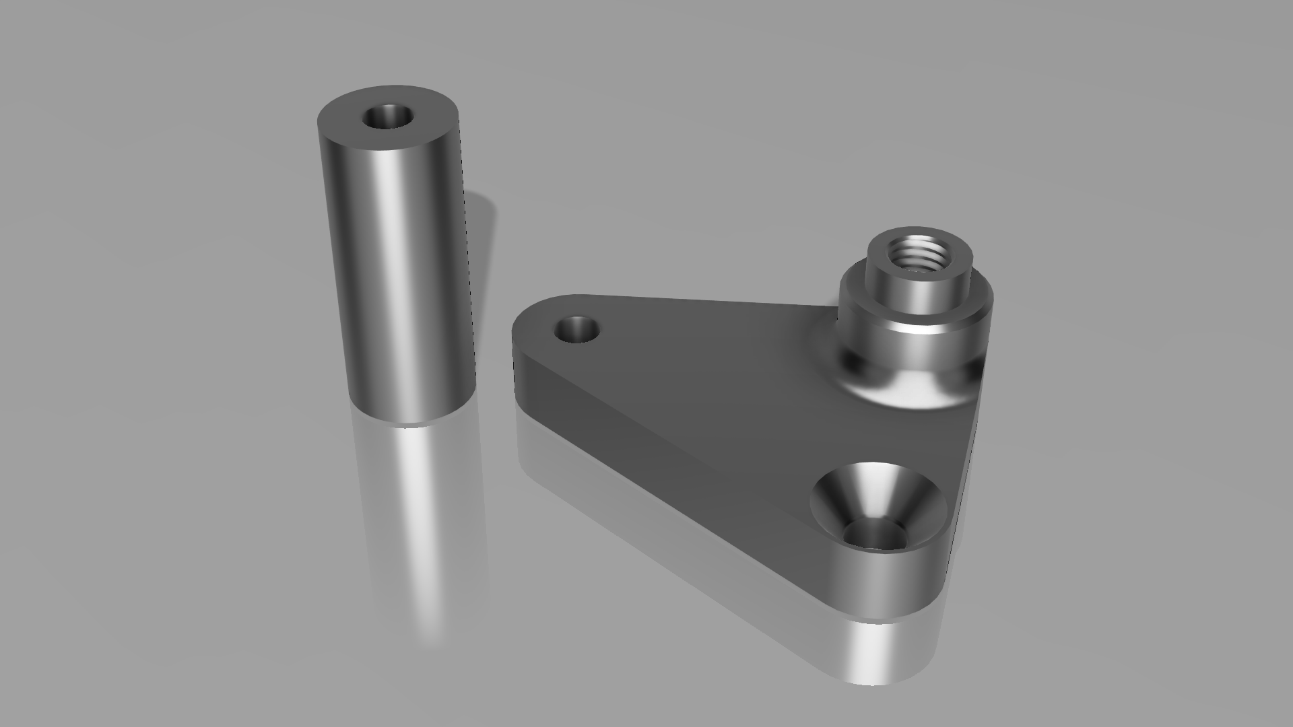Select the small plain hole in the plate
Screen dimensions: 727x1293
(x=576, y=330)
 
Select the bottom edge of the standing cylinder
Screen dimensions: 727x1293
(x=411, y=423)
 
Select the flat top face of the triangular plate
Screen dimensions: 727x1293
(x=707, y=377)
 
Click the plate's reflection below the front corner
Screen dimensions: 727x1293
(x=875, y=653)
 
